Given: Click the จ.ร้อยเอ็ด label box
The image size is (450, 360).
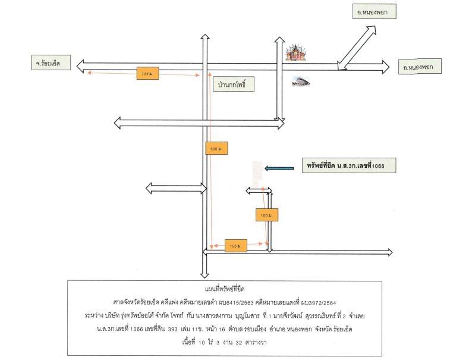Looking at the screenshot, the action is click(51, 62).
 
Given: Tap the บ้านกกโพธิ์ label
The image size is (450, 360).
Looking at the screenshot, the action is click(232, 84).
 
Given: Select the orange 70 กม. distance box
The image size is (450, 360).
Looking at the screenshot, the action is click(147, 73).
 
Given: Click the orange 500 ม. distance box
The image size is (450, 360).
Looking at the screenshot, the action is click(216, 148).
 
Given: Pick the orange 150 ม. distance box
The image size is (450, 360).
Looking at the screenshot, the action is click(236, 246).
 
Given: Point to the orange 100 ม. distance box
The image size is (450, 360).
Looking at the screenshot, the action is click(267, 215).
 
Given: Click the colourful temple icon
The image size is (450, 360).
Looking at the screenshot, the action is click(295, 52).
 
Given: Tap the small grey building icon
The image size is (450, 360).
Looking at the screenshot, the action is click(301, 82).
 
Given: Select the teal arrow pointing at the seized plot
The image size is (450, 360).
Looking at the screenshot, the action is click(279, 168).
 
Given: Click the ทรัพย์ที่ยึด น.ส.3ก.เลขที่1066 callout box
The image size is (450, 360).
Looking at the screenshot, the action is click(349, 165).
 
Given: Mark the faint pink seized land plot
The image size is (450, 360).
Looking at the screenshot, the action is click(257, 173).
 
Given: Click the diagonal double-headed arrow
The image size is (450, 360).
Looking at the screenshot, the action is click(357, 48).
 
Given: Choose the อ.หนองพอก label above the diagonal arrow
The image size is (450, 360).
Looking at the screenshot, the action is click(375, 12).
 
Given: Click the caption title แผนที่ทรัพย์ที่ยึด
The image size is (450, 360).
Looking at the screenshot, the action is click(225, 289).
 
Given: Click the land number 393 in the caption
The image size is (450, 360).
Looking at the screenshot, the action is click(172, 329).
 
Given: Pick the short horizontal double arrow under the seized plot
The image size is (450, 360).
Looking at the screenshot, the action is click(259, 190).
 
